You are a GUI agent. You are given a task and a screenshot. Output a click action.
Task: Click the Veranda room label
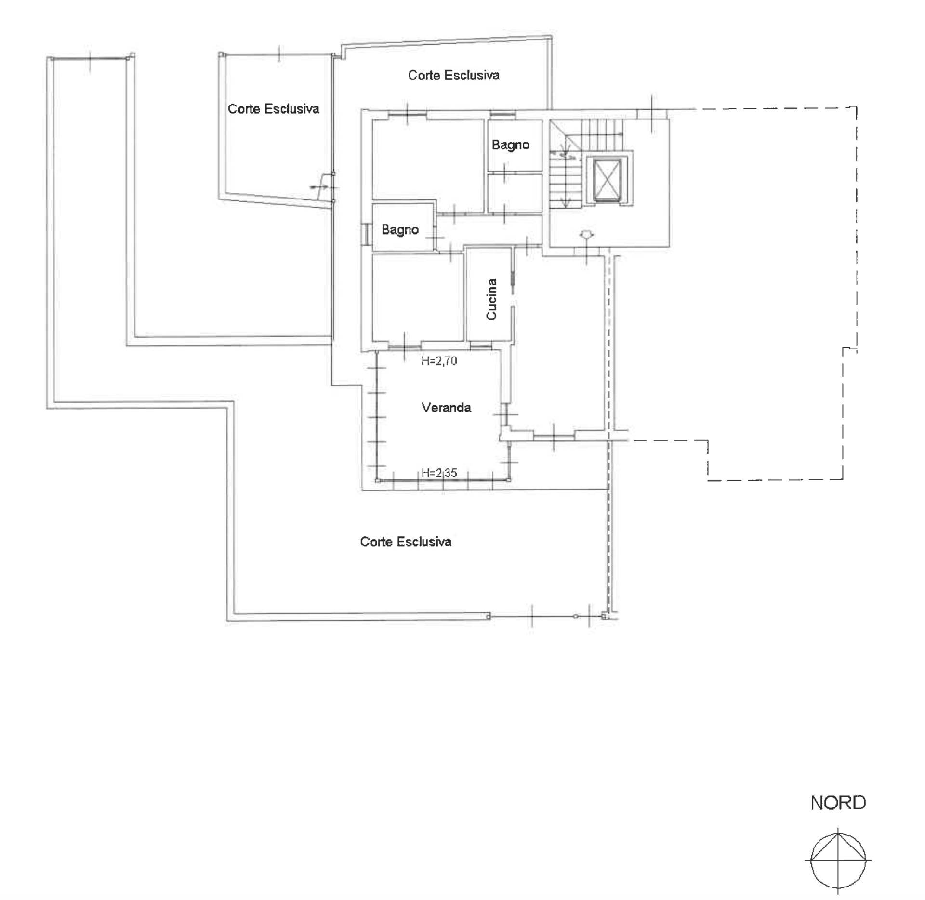446,408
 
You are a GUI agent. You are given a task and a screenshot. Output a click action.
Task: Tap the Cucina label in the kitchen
491,299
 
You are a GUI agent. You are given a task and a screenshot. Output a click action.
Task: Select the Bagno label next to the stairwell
510,145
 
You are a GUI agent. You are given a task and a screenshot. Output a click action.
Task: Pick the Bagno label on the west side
400,229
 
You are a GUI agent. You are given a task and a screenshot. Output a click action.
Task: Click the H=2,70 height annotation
439,361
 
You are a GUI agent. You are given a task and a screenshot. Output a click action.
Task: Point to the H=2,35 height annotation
439,473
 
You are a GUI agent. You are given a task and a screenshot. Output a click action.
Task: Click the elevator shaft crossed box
608,178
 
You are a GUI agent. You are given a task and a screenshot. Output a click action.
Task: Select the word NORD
838,803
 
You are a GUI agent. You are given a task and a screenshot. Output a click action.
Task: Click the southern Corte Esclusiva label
406,542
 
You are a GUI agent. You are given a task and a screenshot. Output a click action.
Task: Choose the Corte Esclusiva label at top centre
454,75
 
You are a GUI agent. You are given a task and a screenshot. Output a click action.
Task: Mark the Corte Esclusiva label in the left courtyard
273,109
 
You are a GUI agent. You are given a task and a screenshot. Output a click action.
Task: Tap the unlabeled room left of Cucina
417,297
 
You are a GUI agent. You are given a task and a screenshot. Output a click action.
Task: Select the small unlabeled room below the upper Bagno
515,193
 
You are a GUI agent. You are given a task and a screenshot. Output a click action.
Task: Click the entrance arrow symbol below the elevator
586,235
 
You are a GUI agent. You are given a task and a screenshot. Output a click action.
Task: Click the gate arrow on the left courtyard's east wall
320,186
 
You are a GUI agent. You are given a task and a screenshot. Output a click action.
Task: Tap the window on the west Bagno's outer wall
366,234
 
